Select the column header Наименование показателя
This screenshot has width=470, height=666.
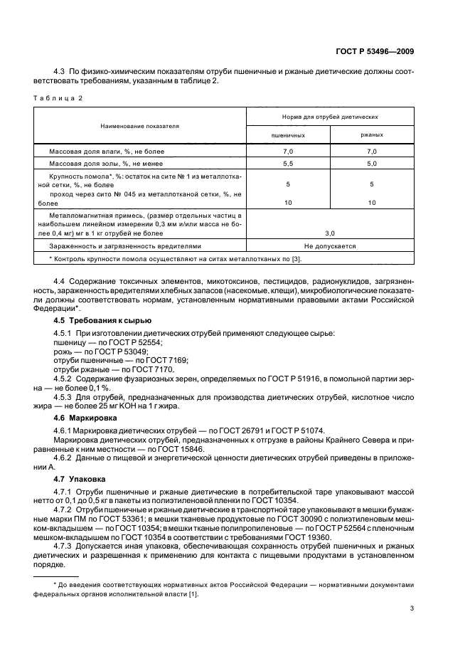coord(139,125)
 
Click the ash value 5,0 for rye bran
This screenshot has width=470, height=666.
coord(371,164)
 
